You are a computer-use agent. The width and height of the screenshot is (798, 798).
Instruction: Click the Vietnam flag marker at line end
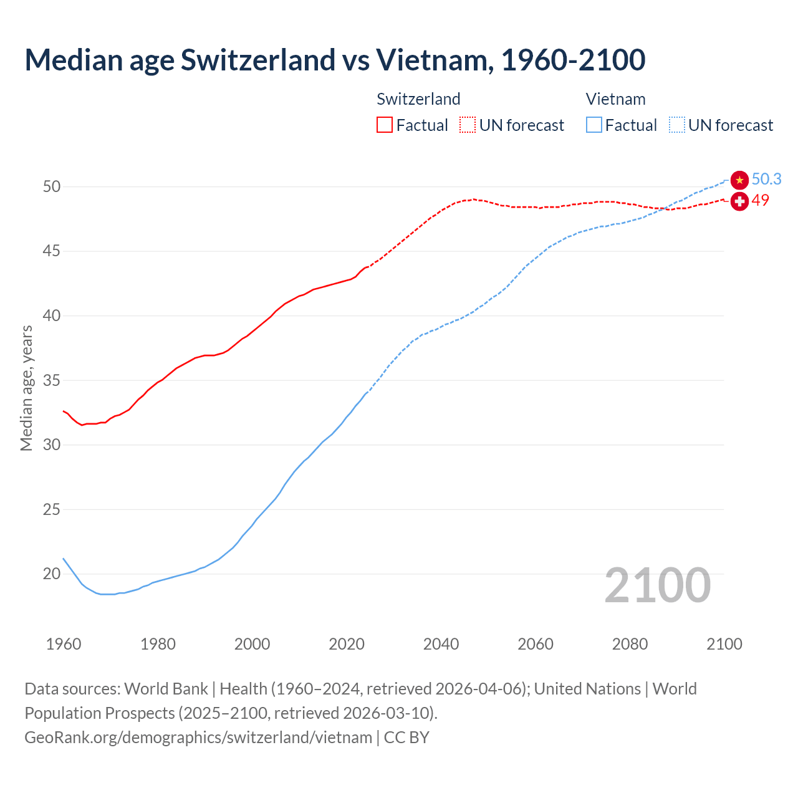[x=739, y=180]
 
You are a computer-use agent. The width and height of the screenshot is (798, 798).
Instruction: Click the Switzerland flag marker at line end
[x=739, y=201]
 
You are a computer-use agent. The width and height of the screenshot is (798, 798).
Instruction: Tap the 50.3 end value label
[x=766, y=180]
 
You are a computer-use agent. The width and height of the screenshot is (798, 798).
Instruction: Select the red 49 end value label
[x=760, y=200]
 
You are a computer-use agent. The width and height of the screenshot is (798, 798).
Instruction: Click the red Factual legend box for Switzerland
[x=385, y=125]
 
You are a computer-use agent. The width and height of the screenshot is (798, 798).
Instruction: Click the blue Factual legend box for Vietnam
[x=594, y=125]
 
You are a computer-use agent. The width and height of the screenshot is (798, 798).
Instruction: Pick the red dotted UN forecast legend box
[x=468, y=125]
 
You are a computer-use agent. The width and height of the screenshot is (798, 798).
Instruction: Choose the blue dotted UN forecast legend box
[x=677, y=125]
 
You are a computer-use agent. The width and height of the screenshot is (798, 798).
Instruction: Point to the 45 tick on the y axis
[x=52, y=251]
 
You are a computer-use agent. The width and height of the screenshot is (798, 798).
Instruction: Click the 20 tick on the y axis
[x=52, y=574]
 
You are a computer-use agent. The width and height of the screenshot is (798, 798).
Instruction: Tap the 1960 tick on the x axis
[x=64, y=644]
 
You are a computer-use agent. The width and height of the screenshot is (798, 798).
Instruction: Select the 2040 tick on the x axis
[x=441, y=644]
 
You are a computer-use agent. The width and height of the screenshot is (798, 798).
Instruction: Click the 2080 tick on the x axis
[x=630, y=644]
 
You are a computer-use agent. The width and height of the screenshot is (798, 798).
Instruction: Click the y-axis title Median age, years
[x=26, y=388]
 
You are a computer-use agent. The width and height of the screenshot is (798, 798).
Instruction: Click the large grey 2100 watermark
[x=657, y=585]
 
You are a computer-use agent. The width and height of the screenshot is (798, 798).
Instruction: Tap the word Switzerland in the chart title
[x=257, y=60]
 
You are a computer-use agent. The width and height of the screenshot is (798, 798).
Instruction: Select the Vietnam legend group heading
[x=615, y=99]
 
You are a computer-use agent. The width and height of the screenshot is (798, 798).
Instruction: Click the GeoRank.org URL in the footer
[x=198, y=738]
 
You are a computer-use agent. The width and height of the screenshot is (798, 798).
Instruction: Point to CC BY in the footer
[x=406, y=738]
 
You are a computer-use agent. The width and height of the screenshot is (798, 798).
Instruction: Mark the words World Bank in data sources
[x=166, y=689]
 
